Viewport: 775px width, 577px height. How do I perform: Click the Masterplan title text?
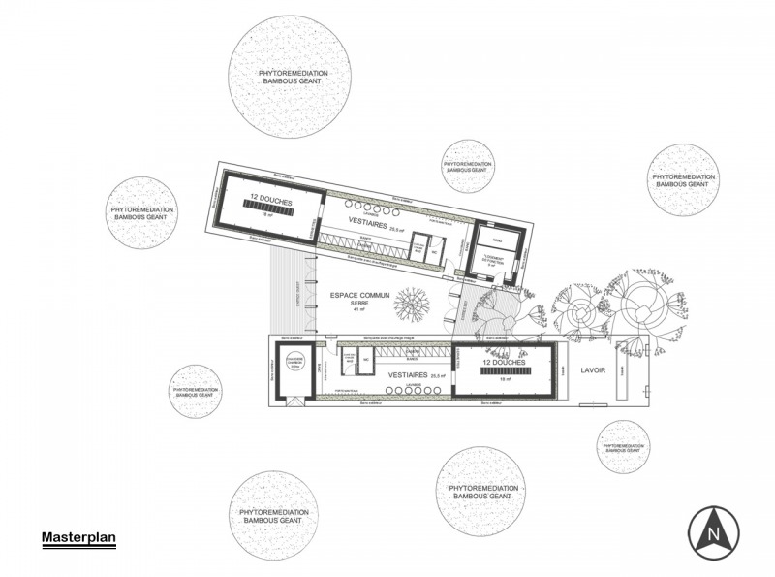[x=78, y=537]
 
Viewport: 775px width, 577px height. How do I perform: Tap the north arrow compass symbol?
[x=714, y=530]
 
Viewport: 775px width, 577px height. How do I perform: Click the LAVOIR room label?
[x=594, y=371]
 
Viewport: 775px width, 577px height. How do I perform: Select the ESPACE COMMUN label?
[x=358, y=295]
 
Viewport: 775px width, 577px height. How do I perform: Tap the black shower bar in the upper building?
[x=269, y=208]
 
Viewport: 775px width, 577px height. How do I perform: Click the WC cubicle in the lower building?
[x=366, y=361]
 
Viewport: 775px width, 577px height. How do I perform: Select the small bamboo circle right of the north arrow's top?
[x=624, y=447]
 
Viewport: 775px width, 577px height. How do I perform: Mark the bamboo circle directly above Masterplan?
[x=272, y=516]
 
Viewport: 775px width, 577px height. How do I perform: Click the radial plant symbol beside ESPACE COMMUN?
[x=412, y=305]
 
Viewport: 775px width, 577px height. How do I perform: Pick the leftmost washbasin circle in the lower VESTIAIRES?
[x=387, y=391]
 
